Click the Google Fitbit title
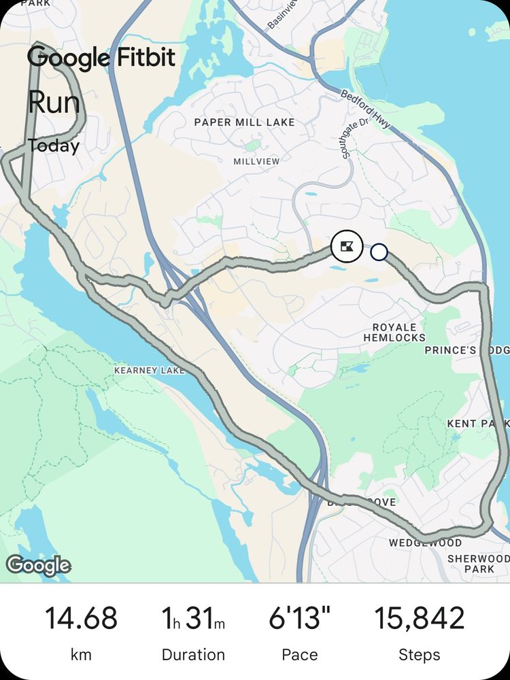pos(101,58)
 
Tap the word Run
pos(54,103)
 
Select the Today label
pos(54,146)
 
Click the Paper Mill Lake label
pos(245,122)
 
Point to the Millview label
pos(256,162)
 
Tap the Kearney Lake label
pos(150,371)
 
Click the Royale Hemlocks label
pos(394,331)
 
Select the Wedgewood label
pos(425,543)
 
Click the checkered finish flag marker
pos(347,246)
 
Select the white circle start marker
pos(379,253)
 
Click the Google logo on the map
pos(38,565)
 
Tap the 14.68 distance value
pos(81,618)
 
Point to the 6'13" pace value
pos(300,618)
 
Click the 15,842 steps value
pos(420,618)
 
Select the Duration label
pos(193,655)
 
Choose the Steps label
pos(420,655)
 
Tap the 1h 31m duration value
pos(193,618)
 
